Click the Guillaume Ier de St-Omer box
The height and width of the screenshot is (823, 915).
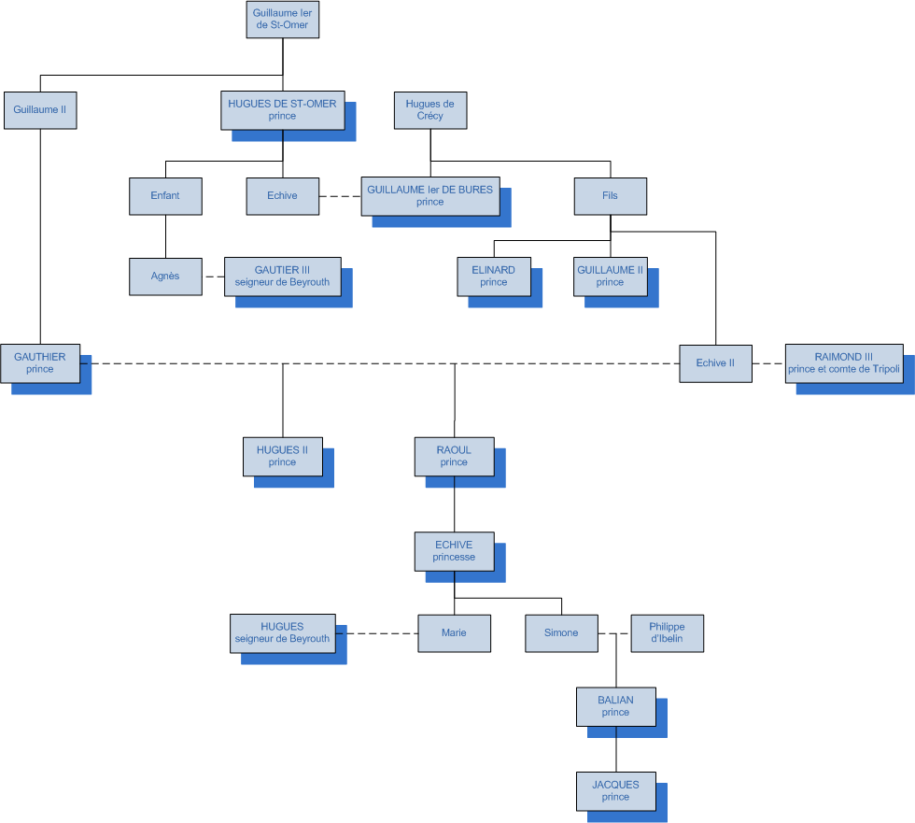click(283, 19)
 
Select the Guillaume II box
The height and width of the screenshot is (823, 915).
click(40, 110)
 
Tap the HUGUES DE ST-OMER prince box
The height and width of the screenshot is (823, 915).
click(282, 110)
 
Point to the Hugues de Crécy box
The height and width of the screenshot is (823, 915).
click(430, 110)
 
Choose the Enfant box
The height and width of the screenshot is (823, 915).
click(165, 195)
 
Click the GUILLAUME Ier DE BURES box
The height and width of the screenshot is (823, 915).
click(429, 195)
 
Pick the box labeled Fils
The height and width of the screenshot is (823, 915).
click(611, 195)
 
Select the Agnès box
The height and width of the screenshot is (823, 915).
click(165, 276)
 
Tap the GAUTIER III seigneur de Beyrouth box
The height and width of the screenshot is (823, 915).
click(282, 276)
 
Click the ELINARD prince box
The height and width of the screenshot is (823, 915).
click(494, 276)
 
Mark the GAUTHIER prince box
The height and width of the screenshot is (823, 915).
click(40, 362)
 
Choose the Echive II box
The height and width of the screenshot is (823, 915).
click(716, 363)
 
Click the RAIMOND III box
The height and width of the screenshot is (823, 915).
click(844, 362)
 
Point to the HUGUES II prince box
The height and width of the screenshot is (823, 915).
click(282, 456)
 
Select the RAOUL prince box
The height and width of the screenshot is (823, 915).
click(454, 456)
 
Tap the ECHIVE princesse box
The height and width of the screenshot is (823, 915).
click(454, 551)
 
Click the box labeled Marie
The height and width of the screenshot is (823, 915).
click(454, 632)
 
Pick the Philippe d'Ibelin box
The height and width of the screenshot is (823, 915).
click(668, 632)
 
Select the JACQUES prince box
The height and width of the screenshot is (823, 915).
click(615, 790)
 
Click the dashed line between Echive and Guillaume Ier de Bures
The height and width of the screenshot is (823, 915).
click(340, 196)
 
